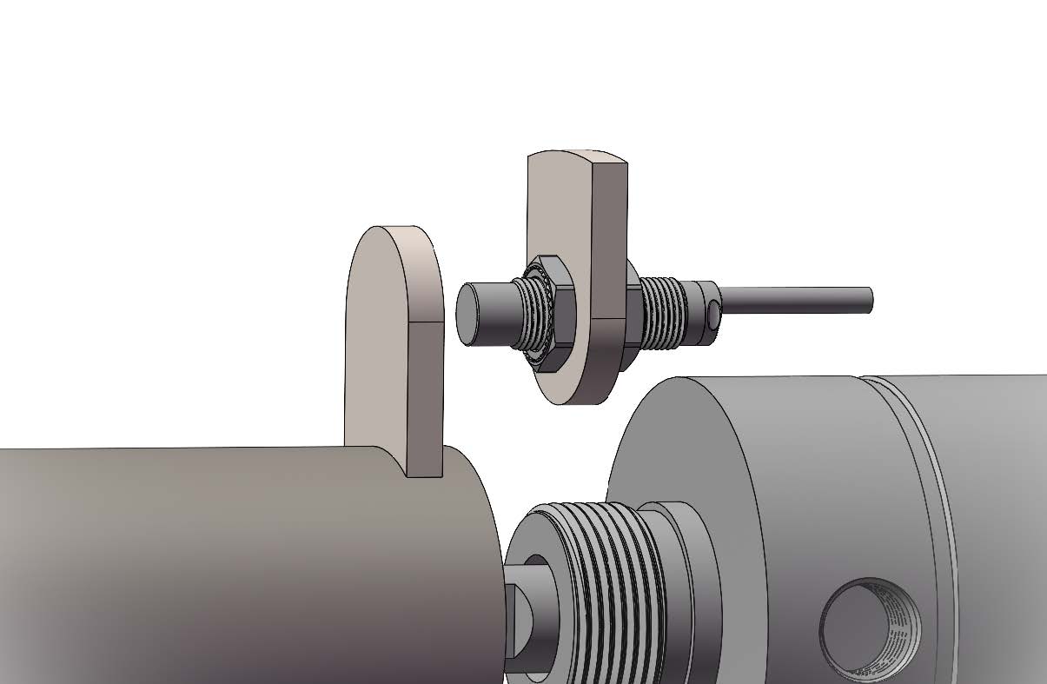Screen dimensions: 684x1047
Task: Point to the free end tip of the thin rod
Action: pos(868,300)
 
